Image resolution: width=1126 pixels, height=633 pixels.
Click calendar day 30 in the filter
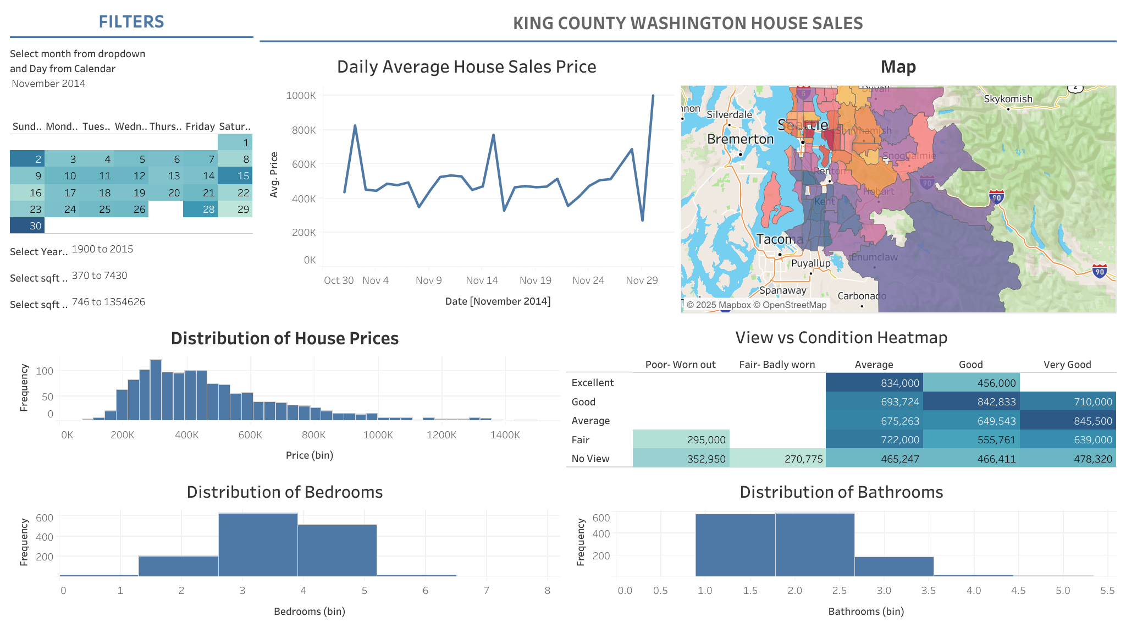click(x=27, y=225)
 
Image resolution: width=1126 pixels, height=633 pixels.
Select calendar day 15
click(x=235, y=175)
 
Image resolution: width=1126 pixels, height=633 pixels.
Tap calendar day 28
click(x=200, y=209)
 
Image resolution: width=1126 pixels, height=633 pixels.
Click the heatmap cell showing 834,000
click(x=874, y=383)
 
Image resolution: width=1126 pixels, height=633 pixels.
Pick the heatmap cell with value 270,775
click(x=777, y=459)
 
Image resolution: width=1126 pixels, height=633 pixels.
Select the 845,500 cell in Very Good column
click(x=1068, y=421)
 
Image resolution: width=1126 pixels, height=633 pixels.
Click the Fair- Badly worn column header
click(x=777, y=365)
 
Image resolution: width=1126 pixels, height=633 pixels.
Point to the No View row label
click(x=590, y=459)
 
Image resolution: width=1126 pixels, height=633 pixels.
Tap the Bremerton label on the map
click(x=740, y=139)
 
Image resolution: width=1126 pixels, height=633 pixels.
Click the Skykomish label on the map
click(x=1008, y=99)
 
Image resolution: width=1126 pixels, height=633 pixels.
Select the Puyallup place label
click(x=810, y=263)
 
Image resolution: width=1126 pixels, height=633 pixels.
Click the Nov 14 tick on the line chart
click(x=482, y=280)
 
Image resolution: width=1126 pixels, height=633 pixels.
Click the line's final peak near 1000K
click(x=653, y=96)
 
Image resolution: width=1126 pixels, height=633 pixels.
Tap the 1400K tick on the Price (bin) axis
click(x=505, y=435)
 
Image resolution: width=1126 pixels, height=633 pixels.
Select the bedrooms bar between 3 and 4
click(x=258, y=544)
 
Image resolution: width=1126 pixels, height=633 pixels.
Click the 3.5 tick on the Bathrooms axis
click(x=928, y=591)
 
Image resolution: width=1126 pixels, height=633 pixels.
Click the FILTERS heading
click(x=131, y=21)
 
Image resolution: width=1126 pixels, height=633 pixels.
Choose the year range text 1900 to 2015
click(x=102, y=249)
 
